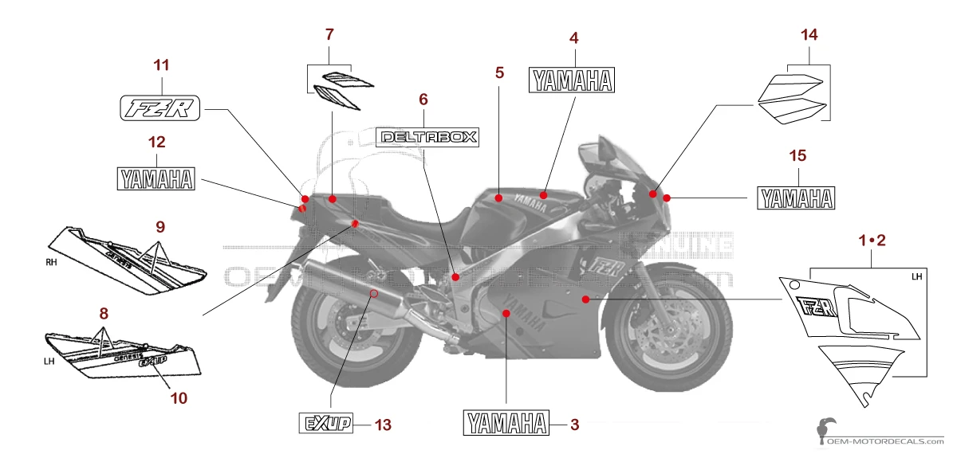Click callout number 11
click(162, 65)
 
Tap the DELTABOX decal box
click(427, 137)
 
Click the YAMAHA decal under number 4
click(574, 80)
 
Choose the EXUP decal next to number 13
click(325, 424)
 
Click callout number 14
click(809, 34)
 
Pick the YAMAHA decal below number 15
click(796, 198)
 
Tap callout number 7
click(329, 34)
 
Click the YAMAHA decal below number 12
click(156, 178)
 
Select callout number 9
click(160, 227)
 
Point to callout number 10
click(179, 397)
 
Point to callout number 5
click(499, 72)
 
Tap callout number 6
click(423, 100)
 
